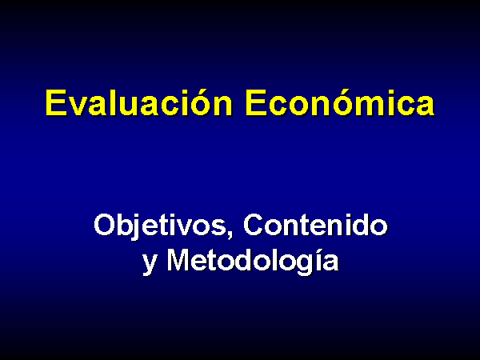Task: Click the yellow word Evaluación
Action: (x=139, y=103)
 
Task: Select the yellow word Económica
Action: (x=340, y=103)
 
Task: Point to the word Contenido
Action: (x=316, y=225)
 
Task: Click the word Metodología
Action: (x=253, y=261)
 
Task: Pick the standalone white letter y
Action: (x=150, y=264)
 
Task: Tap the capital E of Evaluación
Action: (x=56, y=103)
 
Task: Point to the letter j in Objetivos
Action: (x=137, y=227)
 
